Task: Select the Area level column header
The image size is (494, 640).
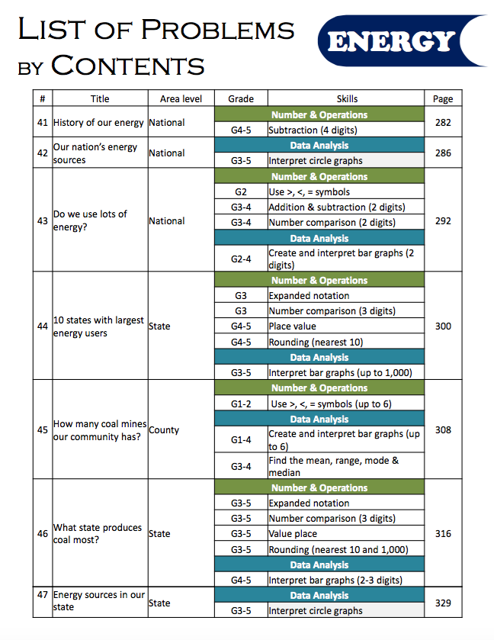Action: [x=181, y=99]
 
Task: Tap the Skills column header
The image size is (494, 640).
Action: [x=347, y=99]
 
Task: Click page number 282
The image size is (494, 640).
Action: [x=443, y=122]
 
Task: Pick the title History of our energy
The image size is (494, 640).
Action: [x=98, y=123]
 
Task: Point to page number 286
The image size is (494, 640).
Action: [x=443, y=153]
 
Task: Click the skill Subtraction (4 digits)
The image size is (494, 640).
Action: [x=313, y=130]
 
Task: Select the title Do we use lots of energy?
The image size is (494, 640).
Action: [x=90, y=220]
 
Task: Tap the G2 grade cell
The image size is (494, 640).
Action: [x=241, y=192]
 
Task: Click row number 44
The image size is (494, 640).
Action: [x=43, y=326]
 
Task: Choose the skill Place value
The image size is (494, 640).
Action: [x=294, y=326]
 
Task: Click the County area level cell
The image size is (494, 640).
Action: [x=164, y=430]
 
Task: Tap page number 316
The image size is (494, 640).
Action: [x=443, y=534]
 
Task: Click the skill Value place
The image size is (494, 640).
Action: [x=293, y=534]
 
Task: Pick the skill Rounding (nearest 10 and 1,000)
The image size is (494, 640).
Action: [x=338, y=549]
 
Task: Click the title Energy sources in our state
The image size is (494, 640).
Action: [x=98, y=600]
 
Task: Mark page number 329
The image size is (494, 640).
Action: [x=443, y=603]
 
